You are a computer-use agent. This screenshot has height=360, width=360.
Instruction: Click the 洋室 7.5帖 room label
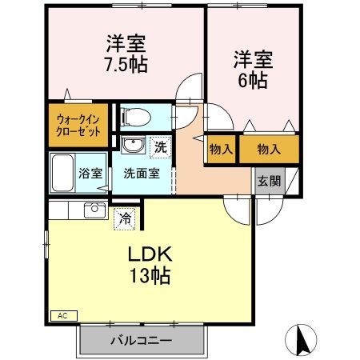[x=126, y=53]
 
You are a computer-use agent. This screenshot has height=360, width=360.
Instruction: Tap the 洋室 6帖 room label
[x=253, y=68]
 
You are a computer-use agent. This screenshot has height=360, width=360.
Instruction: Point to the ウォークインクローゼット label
[x=78, y=126]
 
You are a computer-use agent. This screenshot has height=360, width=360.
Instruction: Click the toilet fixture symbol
[x=135, y=117]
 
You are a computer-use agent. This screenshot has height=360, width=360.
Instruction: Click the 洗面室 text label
[x=140, y=171]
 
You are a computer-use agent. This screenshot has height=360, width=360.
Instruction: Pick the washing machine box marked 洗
[x=161, y=146]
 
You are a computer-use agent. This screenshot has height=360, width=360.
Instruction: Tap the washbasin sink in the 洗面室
[x=133, y=146]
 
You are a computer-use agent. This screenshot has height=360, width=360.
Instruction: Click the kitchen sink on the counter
[x=95, y=210]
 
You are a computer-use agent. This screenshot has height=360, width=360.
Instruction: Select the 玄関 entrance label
[x=269, y=181]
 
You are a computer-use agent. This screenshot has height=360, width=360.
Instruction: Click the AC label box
[x=62, y=315]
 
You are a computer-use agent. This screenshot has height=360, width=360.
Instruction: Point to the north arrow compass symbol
[x=302, y=340]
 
